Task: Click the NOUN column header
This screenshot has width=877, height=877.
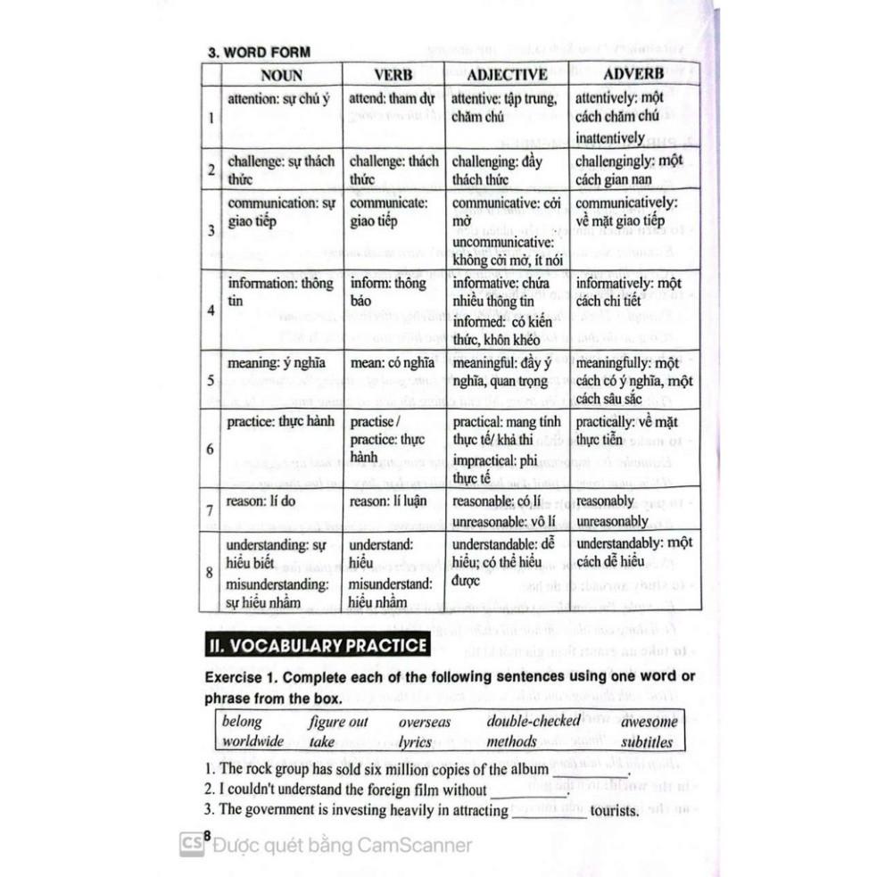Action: pyautogui.click(x=281, y=75)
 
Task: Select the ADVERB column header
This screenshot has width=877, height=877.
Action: pyautogui.click(x=633, y=75)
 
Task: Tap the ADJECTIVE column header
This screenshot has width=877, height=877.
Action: pyautogui.click(x=507, y=75)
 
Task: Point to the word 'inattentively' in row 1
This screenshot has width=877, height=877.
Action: pyautogui.click(x=609, y=138)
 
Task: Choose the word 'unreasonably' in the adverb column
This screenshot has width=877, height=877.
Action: pyautogui.click(x=612, y=521)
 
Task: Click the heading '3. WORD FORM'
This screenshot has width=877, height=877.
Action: pyautogui.click(x=259, y=52)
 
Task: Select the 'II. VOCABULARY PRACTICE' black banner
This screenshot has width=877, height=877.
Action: pyautogui.click(x=316, y=643)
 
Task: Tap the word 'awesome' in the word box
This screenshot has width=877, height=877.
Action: pyautogui.click(x=649, y=721)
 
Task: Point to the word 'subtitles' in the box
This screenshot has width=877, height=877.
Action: pyautogui.click(x=648, y=741)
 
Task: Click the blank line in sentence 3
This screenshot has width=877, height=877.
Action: pyautogui.click(x=550, y=812)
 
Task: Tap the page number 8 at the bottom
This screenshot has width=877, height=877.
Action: pyautogui.click(x=206, y=835)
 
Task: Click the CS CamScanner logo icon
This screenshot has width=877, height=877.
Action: pyautogui.click(x=190, y=844)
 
